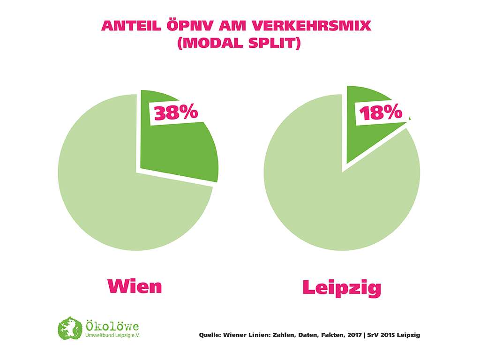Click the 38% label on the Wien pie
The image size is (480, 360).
click(173, 112)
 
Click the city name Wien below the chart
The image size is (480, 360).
click(135, 285)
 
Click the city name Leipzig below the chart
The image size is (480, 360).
click(341, 287)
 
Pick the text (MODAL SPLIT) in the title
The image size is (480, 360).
click(239, 43)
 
